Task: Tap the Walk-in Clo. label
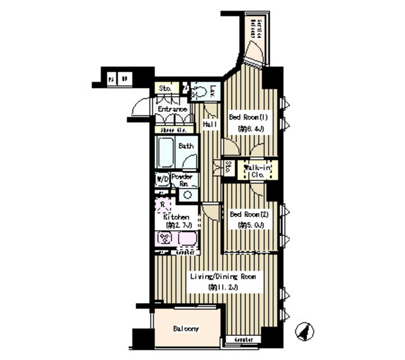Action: (x=256, y=170)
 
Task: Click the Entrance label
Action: (x=172, y=109)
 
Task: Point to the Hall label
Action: (x=211, y=125)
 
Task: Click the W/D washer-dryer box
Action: (x=162, y=180)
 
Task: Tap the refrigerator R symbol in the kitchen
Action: (x=163, y=204)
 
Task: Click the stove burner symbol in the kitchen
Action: (x=165, y=240)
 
